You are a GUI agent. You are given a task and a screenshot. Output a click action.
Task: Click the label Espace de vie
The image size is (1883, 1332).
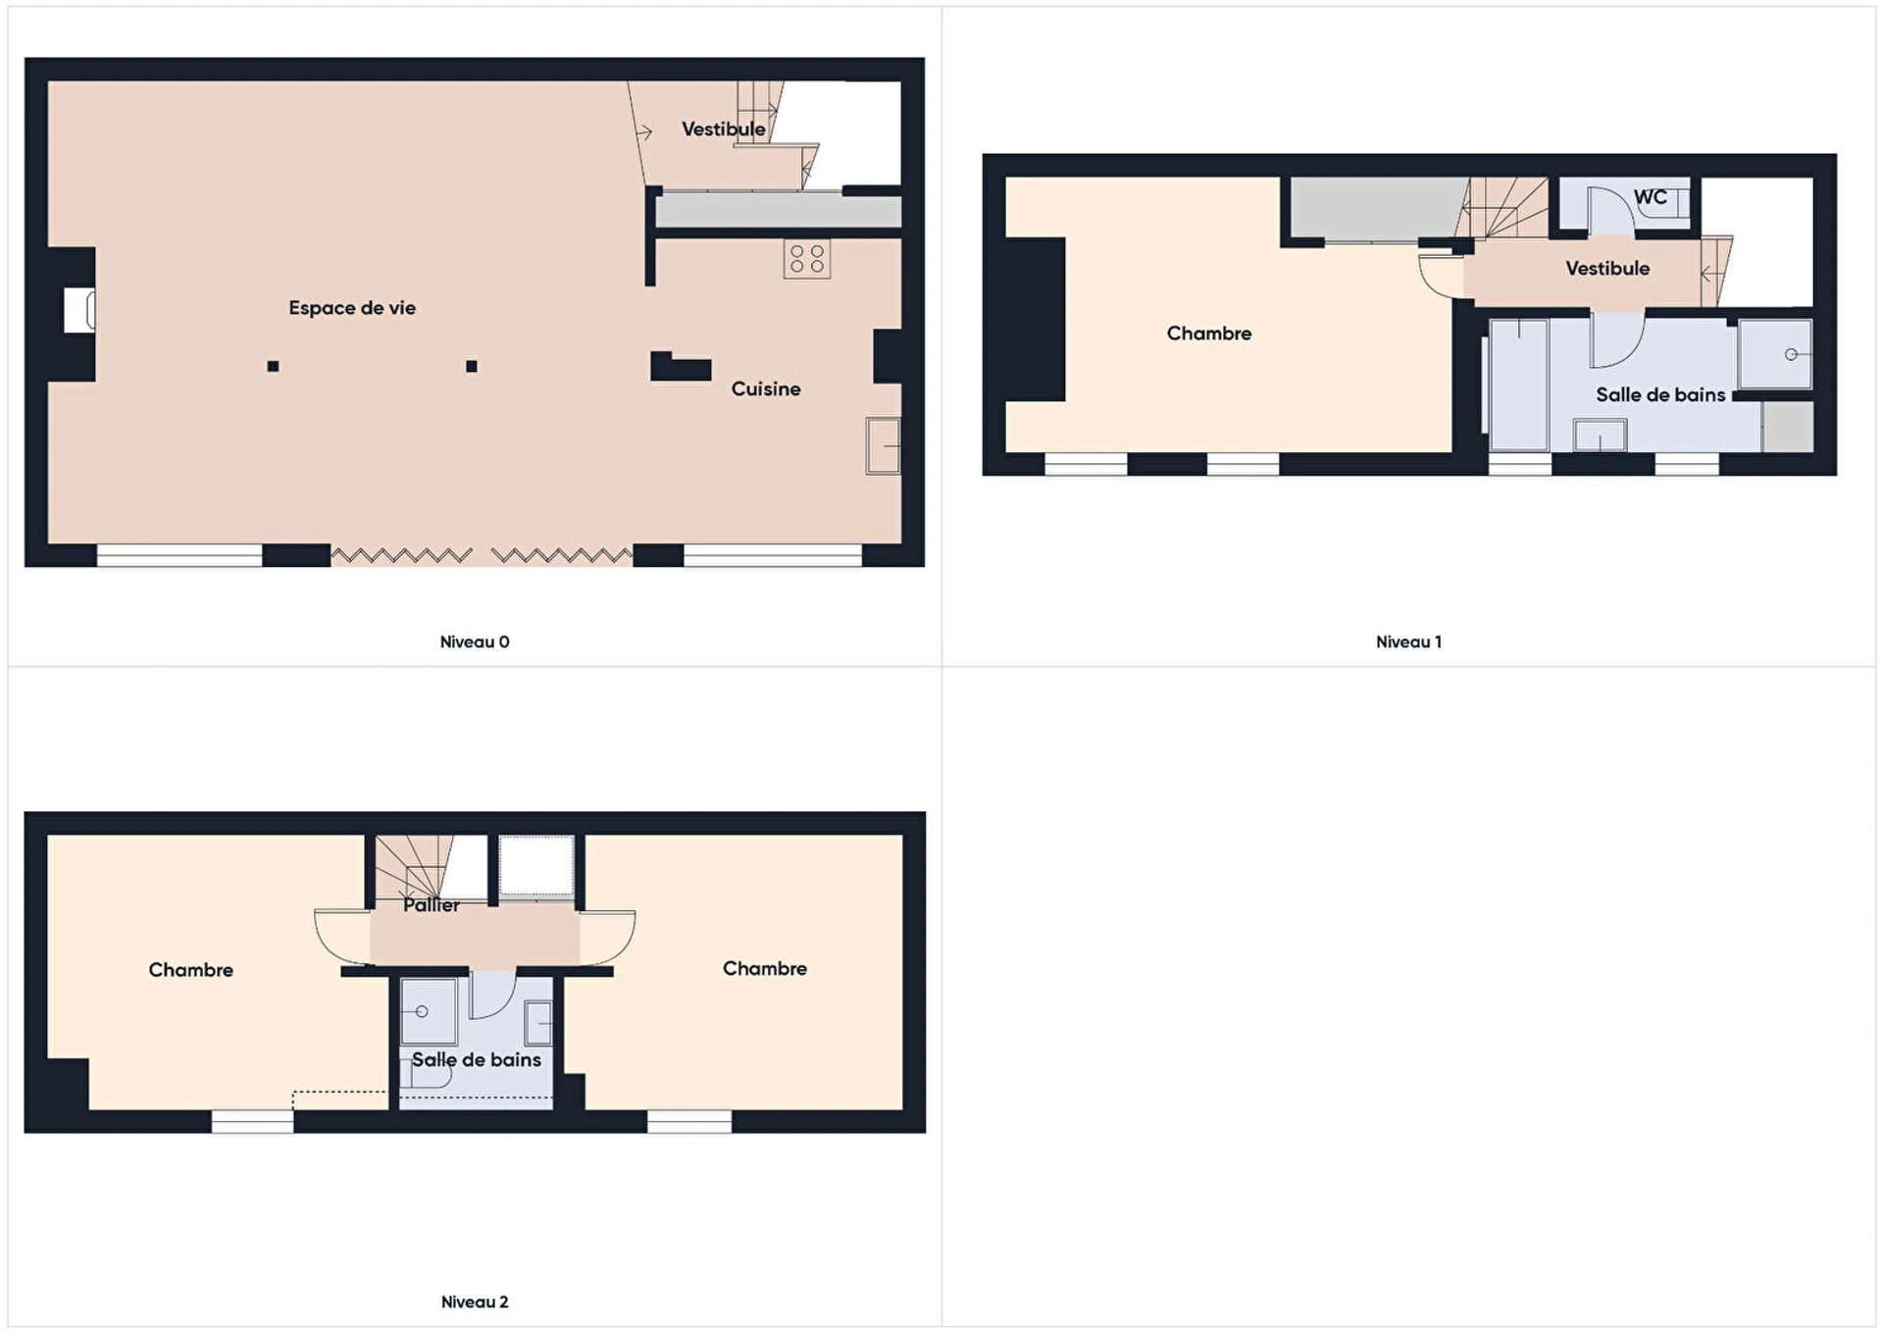coord(352,308)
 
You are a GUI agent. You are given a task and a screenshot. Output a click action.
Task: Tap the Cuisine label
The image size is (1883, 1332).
coord(766,389)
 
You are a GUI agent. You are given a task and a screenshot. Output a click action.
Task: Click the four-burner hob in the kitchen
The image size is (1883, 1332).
coord(807,259)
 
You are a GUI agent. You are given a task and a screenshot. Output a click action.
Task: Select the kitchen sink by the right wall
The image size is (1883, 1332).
coord(884,446)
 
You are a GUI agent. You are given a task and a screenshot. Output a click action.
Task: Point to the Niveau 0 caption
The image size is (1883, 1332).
coord(475,642)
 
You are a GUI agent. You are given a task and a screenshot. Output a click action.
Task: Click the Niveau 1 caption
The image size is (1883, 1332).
coord(1408,642)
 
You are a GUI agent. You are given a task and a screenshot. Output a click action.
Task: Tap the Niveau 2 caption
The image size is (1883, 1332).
coord(475,1303)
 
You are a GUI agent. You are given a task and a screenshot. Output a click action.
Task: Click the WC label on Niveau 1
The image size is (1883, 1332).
coord(1651,197)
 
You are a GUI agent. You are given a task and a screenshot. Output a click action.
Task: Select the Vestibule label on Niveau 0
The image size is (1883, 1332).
coord(724,129)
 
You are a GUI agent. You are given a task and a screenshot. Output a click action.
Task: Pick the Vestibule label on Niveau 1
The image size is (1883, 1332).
coord(1607,269)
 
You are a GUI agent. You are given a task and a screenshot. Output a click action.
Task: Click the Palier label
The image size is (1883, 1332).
coord(432,905)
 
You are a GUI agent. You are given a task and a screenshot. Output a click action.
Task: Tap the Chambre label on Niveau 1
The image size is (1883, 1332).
coord(1209,333)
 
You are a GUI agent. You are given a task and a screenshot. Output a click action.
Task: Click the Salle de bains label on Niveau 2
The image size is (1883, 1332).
coord(477,1060)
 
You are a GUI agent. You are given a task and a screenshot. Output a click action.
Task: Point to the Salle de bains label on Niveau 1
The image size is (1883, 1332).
coord(1660,395)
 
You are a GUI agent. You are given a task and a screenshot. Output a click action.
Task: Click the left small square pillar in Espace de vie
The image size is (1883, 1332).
coord(274,367)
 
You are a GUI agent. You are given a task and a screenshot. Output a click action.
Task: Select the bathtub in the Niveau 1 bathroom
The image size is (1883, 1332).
coord(1519,384)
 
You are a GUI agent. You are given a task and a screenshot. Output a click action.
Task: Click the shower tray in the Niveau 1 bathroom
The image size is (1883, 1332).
coord(1775,354)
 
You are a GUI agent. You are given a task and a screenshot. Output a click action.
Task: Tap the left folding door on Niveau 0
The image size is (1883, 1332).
coord(402,556)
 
